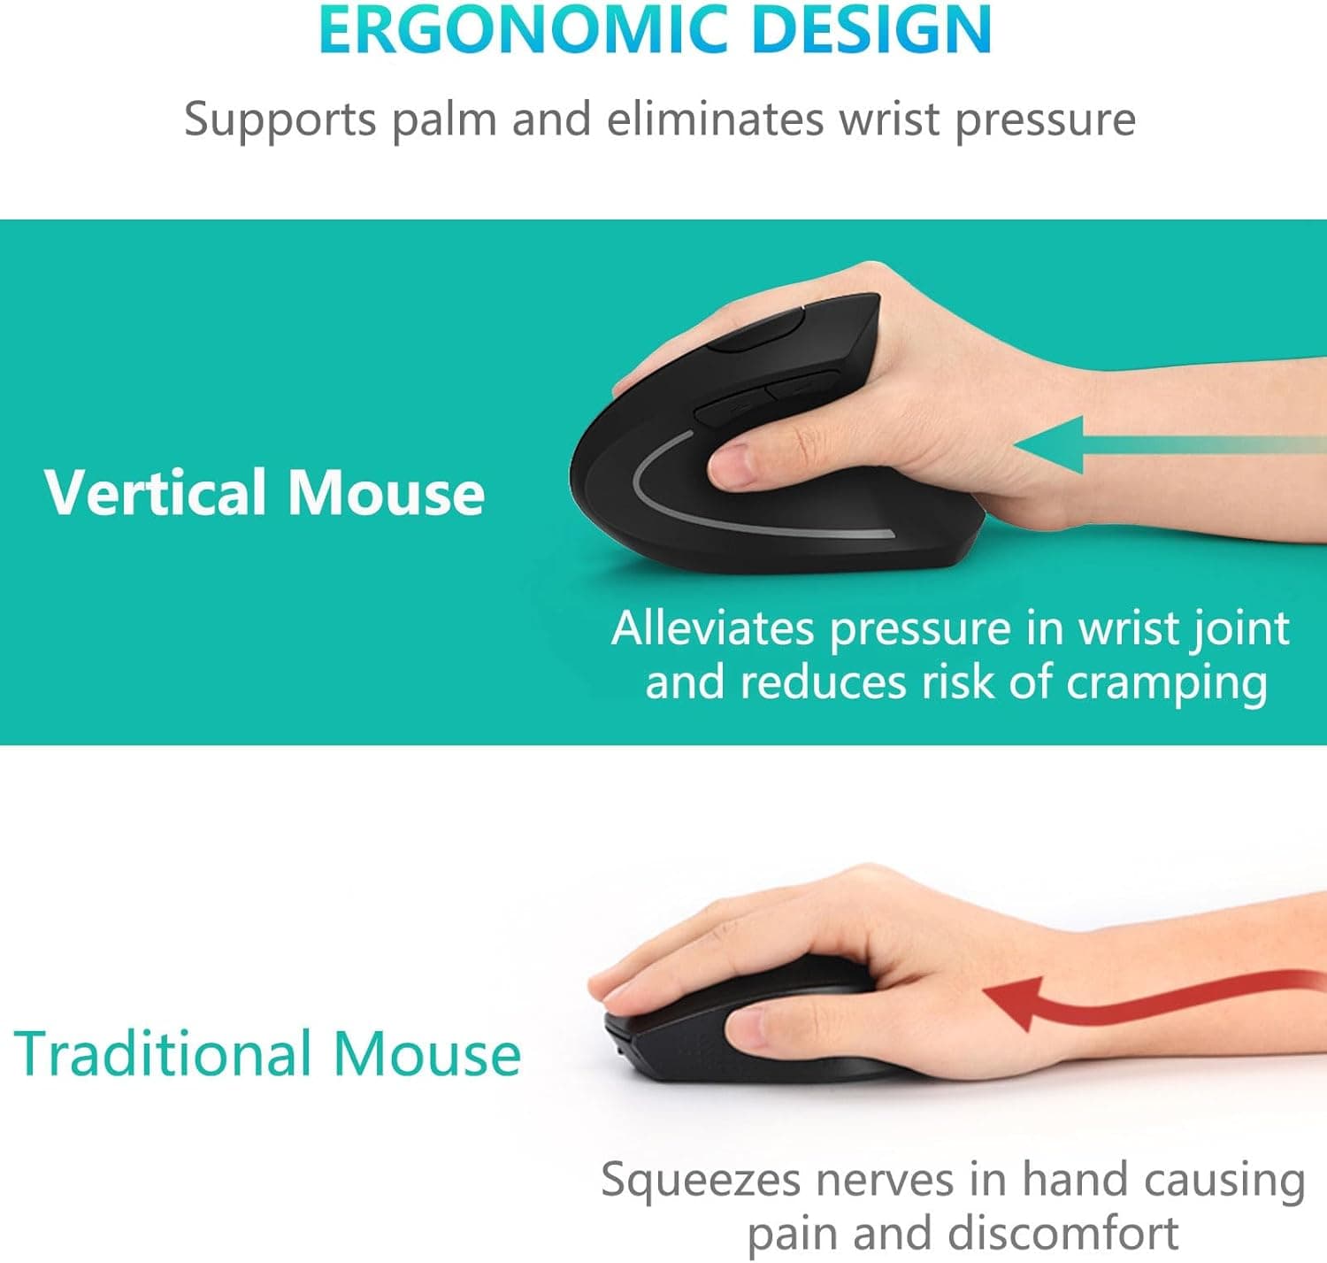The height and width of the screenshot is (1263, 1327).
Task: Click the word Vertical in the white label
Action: point(157,492)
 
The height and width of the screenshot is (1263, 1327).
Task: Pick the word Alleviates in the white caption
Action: point(712,629)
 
